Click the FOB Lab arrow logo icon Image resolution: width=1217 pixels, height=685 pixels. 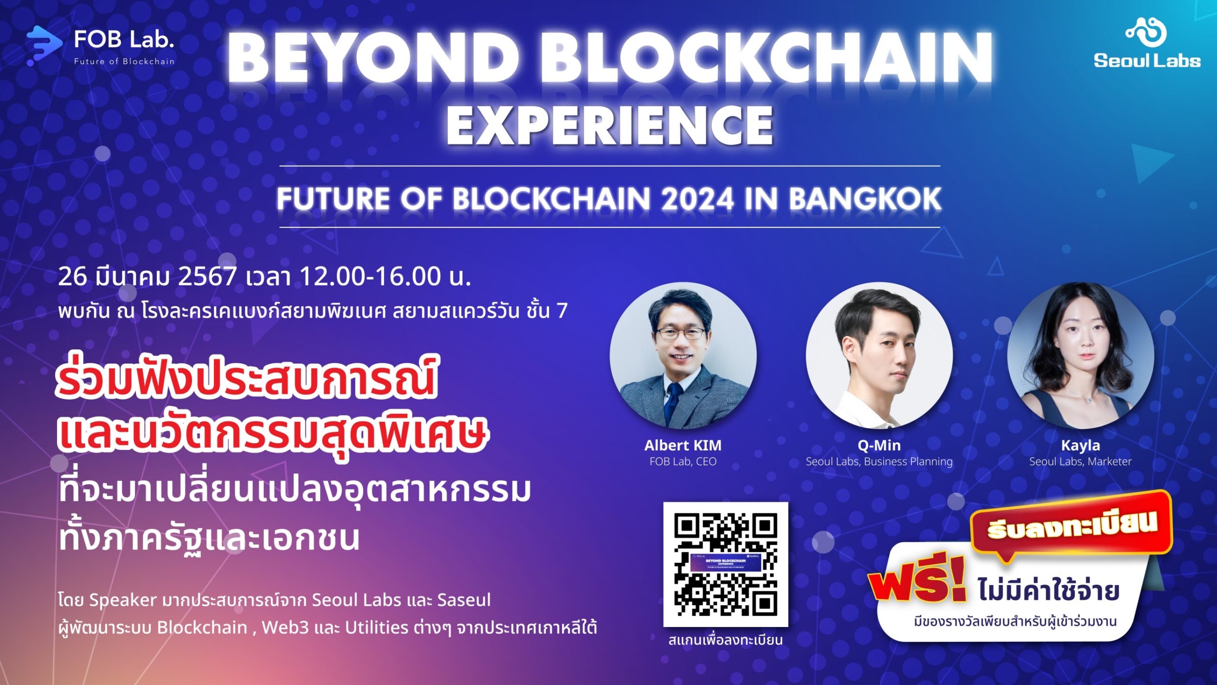pos(44,45)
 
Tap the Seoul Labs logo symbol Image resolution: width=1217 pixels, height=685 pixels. pos(1146,32)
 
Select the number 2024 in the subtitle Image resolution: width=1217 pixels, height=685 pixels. pos(697,199)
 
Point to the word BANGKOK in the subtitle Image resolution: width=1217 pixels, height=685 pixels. pos(865,199)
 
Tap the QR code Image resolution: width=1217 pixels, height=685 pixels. pos(725,564)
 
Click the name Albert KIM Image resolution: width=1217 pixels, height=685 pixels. pos(683,445)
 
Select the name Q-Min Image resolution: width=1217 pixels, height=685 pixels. pos(879,445)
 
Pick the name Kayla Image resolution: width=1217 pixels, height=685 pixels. pos(1081,445)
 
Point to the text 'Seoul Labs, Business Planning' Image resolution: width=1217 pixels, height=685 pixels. pos(879,461)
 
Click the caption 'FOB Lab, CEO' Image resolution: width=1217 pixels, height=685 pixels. pos(683,461)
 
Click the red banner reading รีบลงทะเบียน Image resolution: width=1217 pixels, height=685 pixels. pos(1072,526)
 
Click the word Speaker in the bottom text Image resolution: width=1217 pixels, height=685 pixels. pos(123,600)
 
